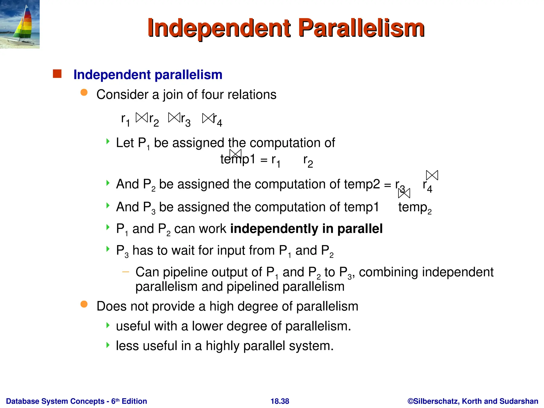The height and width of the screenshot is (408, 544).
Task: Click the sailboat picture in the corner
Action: (x=20, y=24)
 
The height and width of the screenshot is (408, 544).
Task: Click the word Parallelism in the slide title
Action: (x=361, y=28)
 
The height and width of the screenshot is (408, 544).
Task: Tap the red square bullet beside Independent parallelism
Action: (x=57, y=74)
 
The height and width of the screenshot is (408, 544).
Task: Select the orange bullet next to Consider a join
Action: (x=84, y=92)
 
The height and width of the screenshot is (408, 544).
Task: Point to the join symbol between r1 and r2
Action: (x=142, y=117)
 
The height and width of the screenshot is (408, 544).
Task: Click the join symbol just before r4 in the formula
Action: (x=208, y=118)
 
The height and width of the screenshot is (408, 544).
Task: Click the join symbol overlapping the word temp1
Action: (x=235, y=154)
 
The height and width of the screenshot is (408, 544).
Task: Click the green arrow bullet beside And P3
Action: (x=108, y=205)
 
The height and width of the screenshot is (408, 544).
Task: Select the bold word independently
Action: (x=274, y=229)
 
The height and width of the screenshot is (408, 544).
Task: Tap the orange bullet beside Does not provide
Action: (x=84, y=304)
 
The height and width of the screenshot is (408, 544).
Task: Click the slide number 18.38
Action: (x=280, y=401)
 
